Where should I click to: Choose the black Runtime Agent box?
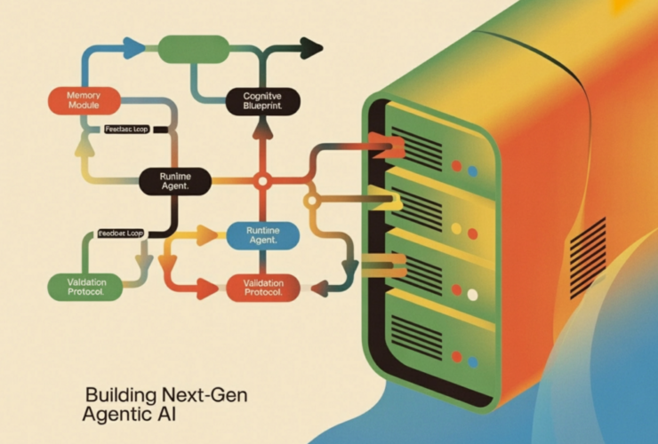click(x=175, y=181)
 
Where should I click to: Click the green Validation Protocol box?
click(x=84, y=286)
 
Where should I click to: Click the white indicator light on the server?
click(x=472, y=295)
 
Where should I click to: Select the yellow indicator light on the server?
click(x=456, y=228)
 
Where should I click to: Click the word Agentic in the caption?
click(x=117, y=413)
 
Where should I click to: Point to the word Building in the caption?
click(x=120, y=393)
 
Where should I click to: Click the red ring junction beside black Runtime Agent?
click(x=261, y=181)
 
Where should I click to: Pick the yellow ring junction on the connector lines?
click(x=310, y=202)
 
